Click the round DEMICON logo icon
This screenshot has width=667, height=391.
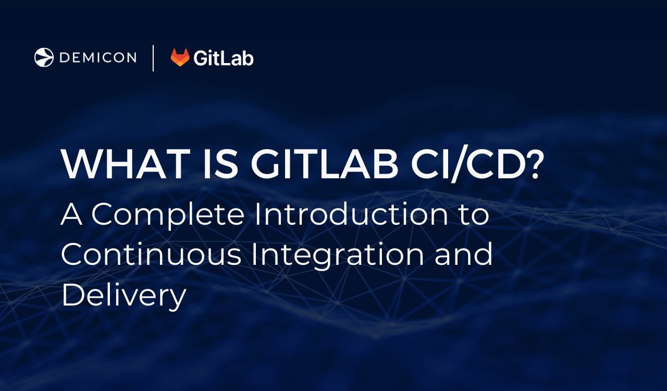[44, 57]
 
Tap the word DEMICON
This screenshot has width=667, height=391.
[98, 57]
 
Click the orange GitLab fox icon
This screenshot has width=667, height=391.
[180, 57]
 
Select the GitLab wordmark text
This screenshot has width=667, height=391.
[223, 57]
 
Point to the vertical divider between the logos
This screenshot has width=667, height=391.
[153, 57]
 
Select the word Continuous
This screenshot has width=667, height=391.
[151, 254]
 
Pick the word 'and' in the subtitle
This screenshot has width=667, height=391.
[464, 254]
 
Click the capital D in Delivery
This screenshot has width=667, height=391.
[72, 294]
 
